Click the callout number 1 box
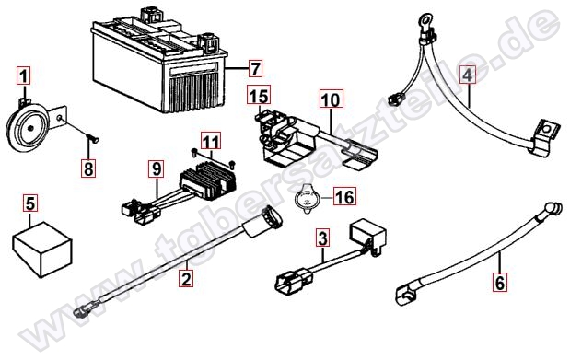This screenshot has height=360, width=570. pyautogui.click(x=24, y=76)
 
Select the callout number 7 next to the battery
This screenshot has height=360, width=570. pyautogui.click(x=255, y=68)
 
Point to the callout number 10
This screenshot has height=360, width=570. pyautogui.click(x=332, y=99)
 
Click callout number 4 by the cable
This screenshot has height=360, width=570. pyautogui.click(x=468, y=75)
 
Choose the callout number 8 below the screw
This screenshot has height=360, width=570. pyautogui.click(x=88, y=168)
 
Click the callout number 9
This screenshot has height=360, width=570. pyautogui.click(x=157, y=168)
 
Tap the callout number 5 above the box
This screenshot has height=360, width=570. pyautogui.click(x=30, y=203)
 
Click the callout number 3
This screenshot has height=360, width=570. pyautogui.click(x=323, y=238)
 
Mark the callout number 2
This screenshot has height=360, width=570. pyautogui.click(x=186, y=279)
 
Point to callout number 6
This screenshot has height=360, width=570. pyautogui.click(x=500, y=282)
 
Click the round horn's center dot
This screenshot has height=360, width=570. pyautogui.click(x=31, y=128)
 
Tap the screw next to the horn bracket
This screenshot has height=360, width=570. pyautogui.click(x=93, y=138)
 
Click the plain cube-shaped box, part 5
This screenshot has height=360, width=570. pyautogui.click(x=42, y=250)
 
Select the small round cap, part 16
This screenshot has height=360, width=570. pyautogui.click(x=306, y=199)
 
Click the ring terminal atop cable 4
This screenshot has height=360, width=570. pyautogui.click(x=425, y=20)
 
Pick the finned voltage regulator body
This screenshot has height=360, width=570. pyautogui.click(x=208, y=180)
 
